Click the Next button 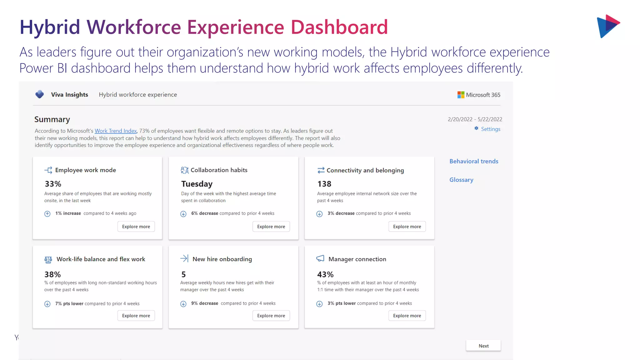483,346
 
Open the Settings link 490,129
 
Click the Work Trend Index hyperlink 116,131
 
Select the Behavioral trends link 474,161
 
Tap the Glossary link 461,180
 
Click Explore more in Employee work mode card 136,227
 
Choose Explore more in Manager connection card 407,316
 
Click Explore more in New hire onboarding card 271,316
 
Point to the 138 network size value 324,184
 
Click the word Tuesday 197,184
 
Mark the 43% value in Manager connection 325,274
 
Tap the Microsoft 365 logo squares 461,95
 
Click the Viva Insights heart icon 40,94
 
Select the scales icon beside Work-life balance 48,259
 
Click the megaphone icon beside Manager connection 320,258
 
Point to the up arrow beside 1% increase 47,214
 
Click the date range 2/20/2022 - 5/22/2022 475,119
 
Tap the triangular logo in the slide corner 608,26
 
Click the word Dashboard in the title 339,27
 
